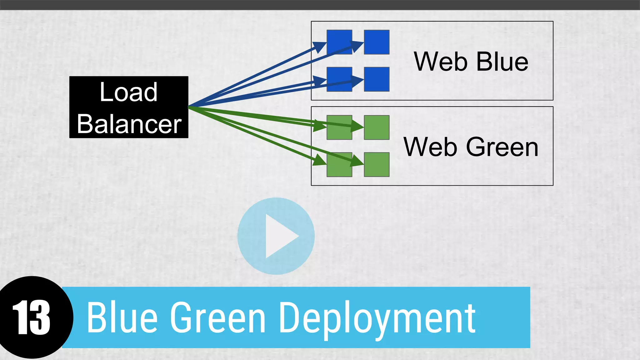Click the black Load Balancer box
click(128, 107)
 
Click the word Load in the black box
click(128, 92)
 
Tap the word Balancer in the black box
click(129, 124)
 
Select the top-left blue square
click(339, 42)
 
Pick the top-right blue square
click(377, 42)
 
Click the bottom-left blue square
click(339, 79)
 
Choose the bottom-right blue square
click(377, 79)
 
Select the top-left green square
click(339, 127)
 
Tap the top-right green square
click(377, 127)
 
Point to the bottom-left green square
click(339, 165)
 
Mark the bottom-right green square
click(377, 165)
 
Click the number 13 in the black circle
click(31, 317)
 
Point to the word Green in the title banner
click(218, 317)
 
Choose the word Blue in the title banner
click(122, 317)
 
